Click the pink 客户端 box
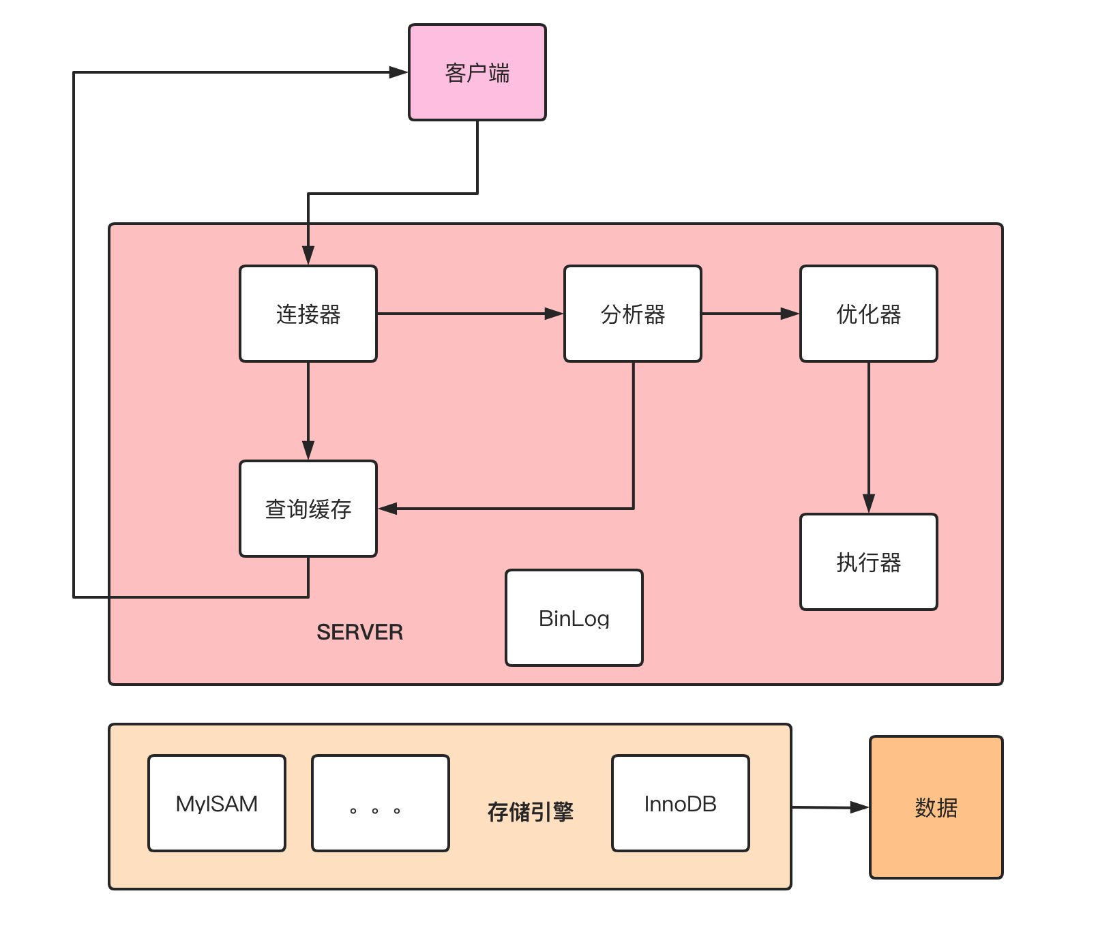pos(477,72)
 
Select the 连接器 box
pos(308,314)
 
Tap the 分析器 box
pos(633,314)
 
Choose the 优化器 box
pos(868,314)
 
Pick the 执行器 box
pos(868,562)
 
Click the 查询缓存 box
pos(308,509)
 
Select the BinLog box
pos(574,618)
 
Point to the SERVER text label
pos(359,632)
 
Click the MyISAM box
pos(217,803)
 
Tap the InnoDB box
pos(680,803)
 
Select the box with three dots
pos(381,803)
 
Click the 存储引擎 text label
pos(531,811)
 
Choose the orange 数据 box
pos(936,807)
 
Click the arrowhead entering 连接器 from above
pos(308,255)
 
